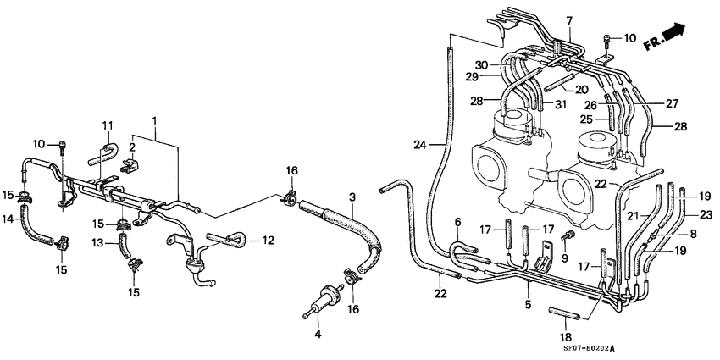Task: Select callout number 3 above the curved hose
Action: click(x=353, y=197)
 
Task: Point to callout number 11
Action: click(x=108, y=126)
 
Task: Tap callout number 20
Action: click(x=582, y=90)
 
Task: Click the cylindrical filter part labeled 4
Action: click(x=321, y=302)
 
